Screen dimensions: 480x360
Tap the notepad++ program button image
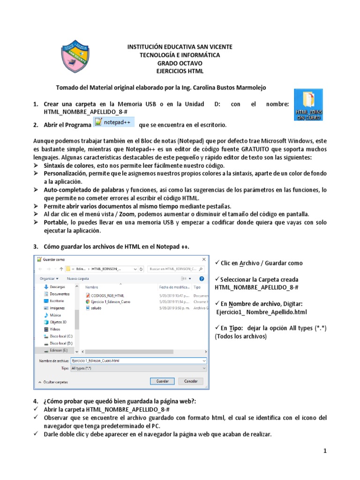114,122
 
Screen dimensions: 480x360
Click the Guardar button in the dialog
162,381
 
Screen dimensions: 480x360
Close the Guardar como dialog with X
203,259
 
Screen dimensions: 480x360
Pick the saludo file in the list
96,308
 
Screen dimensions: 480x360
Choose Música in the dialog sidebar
55,315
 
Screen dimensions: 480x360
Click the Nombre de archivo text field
138,361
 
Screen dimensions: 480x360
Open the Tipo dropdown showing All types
138,368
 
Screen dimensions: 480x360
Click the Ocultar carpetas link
55,382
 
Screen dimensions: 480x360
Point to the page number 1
324,451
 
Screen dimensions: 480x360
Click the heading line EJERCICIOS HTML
180,71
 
